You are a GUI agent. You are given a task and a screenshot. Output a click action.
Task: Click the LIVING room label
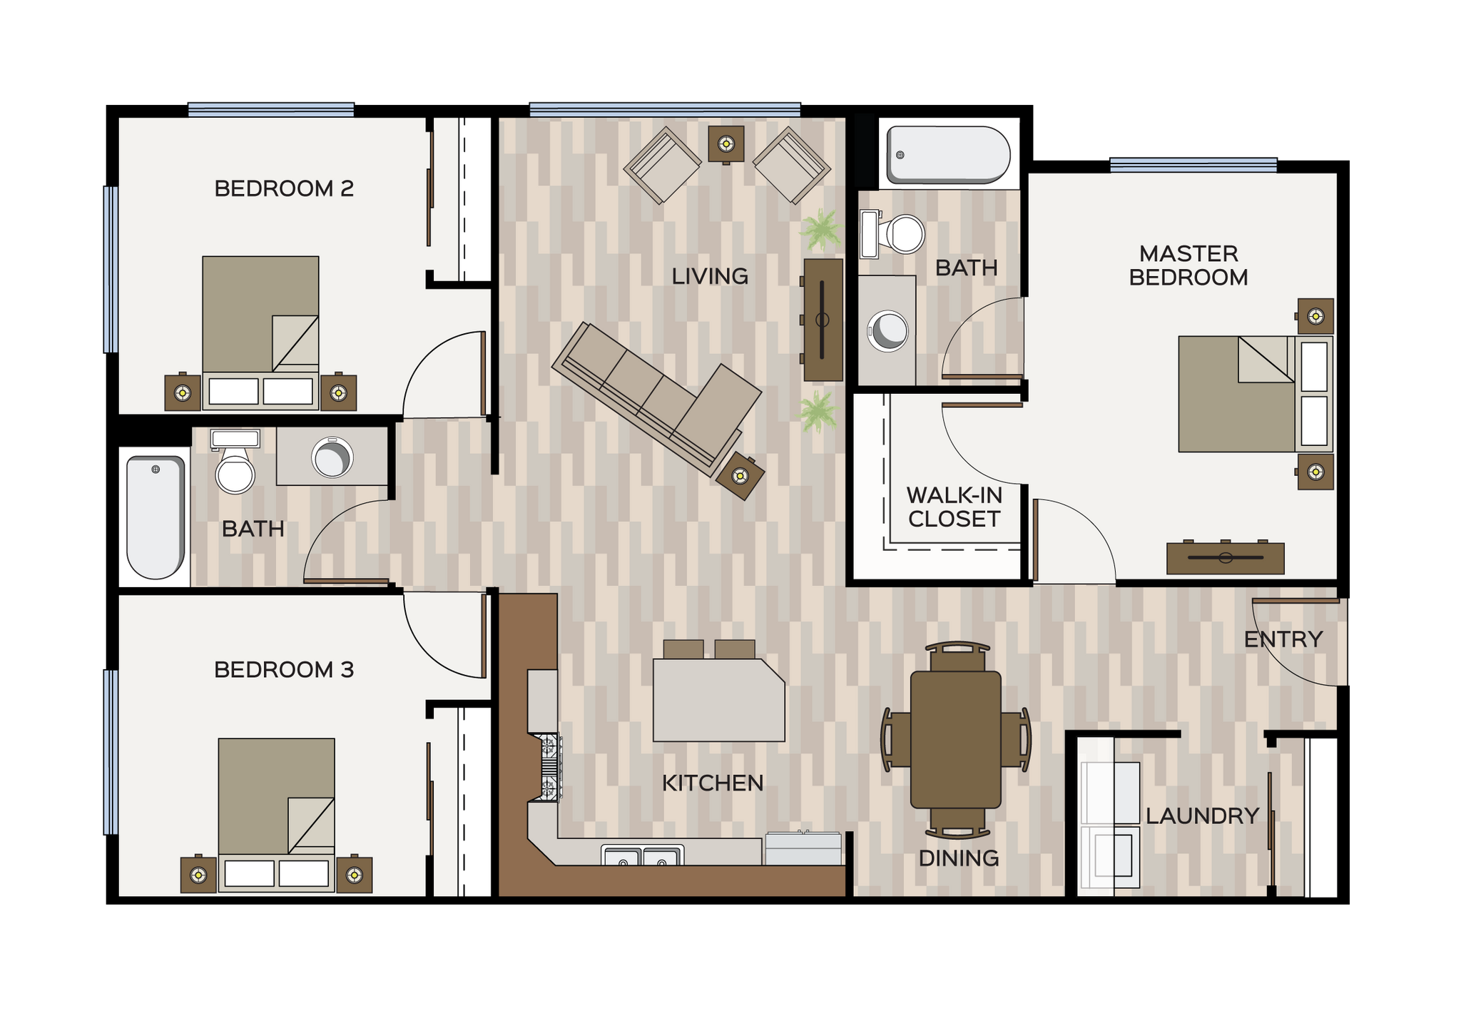[709, 276]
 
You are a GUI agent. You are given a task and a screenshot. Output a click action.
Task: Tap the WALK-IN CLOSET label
[954, 507]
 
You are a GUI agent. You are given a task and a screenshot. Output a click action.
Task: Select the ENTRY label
[1283, 639]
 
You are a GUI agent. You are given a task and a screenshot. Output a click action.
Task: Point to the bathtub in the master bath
[947, 155]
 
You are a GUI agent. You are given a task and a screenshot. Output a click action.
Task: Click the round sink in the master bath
[887, 331]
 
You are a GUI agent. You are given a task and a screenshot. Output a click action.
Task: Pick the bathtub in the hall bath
[156, 517]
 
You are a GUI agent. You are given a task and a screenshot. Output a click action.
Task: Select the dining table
[955, 739]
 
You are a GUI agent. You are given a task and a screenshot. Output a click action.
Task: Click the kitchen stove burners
[549, 767]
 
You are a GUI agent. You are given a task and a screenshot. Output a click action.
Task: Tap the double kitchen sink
[642, 855]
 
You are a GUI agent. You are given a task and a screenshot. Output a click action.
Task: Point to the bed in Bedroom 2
[260, 321]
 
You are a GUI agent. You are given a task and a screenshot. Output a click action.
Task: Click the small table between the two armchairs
[726, 144]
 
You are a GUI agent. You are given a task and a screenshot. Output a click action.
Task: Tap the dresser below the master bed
[1225, 558]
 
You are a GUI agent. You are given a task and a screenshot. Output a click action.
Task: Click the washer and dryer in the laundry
[1111, 825]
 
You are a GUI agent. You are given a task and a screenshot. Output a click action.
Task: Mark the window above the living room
[665, 109]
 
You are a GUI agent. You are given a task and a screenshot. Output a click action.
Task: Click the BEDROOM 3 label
[284, 669]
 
